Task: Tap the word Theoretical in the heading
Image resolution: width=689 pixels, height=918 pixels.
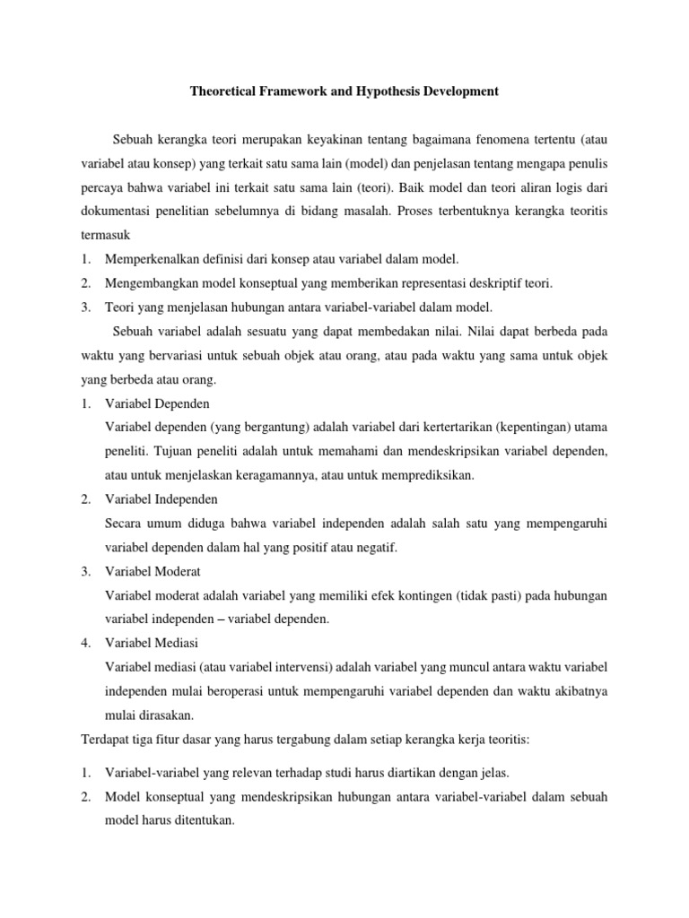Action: tap(226, 91)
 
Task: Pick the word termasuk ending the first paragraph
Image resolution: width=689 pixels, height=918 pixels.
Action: tap(106, 237)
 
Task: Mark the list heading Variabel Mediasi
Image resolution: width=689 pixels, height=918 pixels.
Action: tap(152, 643)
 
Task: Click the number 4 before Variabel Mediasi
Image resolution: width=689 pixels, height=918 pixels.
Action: tap(84, 643)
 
